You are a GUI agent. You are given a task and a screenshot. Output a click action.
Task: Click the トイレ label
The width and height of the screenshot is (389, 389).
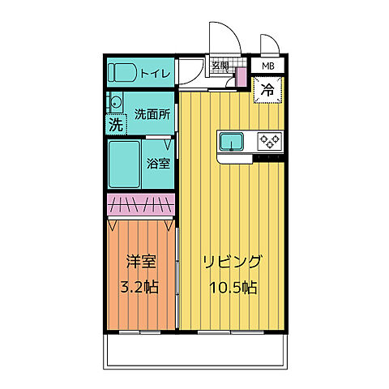[x=155, y=74]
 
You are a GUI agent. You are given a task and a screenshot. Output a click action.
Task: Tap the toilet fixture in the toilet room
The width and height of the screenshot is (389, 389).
[x=125, y=72]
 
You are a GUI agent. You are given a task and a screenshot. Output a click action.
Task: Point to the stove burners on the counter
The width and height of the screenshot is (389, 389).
[x=268, y=142]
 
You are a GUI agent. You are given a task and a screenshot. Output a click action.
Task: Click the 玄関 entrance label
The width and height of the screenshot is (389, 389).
[x=220, y=66]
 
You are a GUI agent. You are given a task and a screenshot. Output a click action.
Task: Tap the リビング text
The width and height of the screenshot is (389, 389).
[x=231, y=263]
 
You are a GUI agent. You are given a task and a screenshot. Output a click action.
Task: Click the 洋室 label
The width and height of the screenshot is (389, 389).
[x=140, y=263]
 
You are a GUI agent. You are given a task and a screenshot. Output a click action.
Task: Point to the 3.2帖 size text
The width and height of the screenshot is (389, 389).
[x=140, y=288]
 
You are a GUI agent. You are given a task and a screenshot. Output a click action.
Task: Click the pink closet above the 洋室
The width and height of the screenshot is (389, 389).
[x=141, y=206]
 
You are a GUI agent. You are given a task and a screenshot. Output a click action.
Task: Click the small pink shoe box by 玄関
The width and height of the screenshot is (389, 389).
[x=240, y=77]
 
